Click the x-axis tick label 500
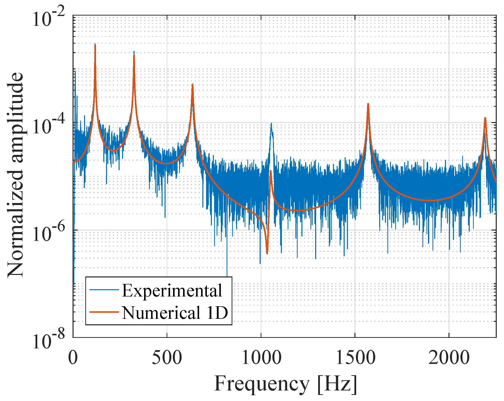coord(167,358)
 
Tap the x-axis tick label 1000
coord(261,358)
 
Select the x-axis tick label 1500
coord(355,358)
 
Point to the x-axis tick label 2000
coord(449,358)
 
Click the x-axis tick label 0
coord(73,358)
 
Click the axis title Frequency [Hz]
coord(285,384)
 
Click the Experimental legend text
coord(172,291)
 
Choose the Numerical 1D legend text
coord(175,313)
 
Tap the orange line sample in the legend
coord(104,312)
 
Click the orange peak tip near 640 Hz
coord(192,85)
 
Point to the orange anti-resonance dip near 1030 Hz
coord(267,253)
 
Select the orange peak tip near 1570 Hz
coord(368,104)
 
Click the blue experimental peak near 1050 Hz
coord(271,124)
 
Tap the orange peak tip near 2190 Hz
coord(485,118)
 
